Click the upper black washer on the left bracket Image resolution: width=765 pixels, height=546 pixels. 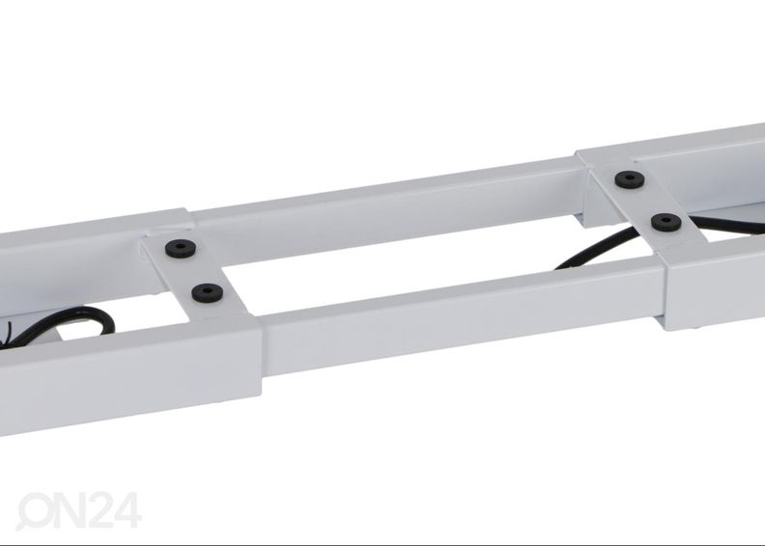[x=181, y=249]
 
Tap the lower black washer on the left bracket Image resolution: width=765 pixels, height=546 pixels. [x=208, y=292]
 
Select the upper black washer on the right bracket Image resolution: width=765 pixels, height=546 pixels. [x=630, y=179]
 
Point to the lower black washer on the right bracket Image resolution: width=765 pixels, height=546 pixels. [x=666, y=222]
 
